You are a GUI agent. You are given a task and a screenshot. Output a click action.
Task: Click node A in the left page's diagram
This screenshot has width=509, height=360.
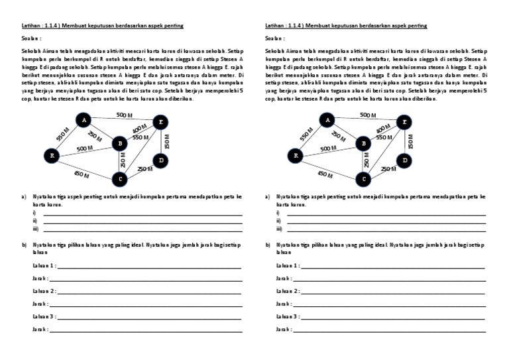83,120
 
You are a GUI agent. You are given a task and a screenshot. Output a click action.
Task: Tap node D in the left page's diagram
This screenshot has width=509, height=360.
160,160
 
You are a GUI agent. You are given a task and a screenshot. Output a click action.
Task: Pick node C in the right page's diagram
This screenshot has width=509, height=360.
363,178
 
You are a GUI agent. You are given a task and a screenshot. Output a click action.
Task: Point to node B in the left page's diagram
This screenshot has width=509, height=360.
119,143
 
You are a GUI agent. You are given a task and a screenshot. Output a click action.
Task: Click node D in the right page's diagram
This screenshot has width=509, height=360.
404,160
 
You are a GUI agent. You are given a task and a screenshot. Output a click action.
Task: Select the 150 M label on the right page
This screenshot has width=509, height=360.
412,141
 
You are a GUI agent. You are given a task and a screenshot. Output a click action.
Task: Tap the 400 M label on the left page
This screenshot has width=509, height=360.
139,129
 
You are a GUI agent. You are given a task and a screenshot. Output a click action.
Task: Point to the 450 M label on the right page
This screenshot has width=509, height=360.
326,174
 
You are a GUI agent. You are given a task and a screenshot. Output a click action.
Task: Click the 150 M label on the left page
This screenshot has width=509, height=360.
168,141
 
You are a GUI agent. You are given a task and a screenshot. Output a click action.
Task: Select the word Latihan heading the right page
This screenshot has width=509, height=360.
274,25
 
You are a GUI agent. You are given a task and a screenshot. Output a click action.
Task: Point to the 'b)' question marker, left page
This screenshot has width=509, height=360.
24,245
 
